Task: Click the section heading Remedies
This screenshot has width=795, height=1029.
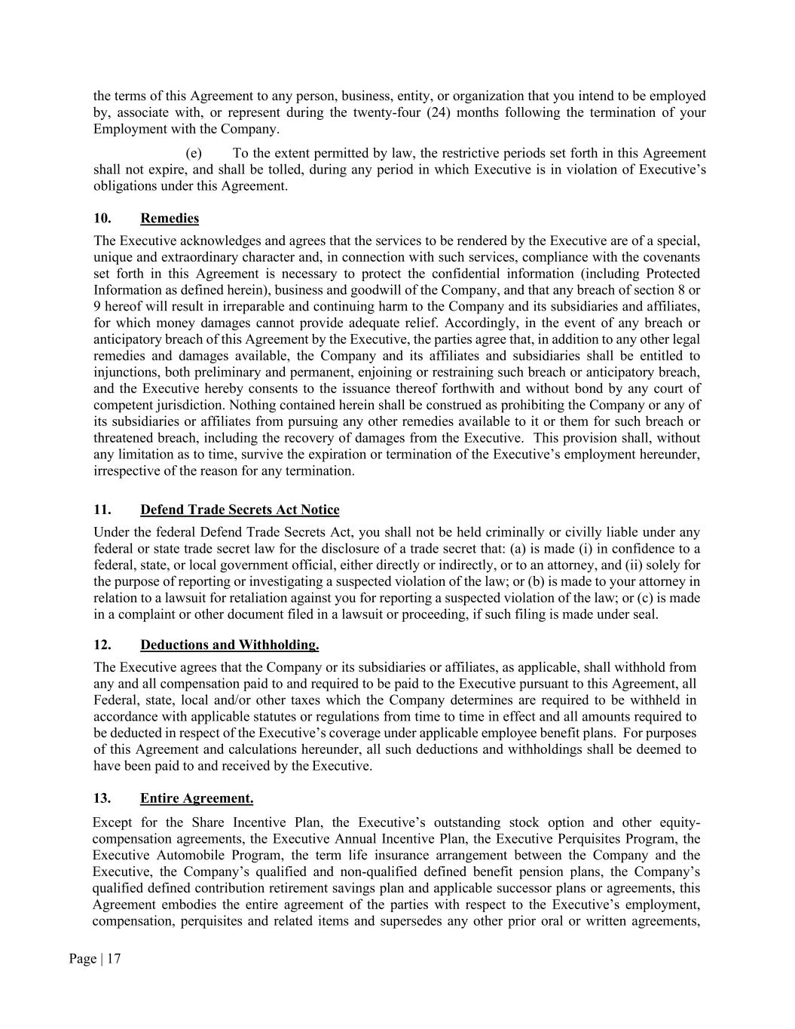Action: pos(170,219)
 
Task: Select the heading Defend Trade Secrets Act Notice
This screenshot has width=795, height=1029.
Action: pos(240,510)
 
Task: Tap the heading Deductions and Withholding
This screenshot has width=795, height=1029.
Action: pos(229,645)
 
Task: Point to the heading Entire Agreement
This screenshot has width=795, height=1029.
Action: pos(197,798)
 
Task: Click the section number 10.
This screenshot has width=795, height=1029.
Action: pos(102,219)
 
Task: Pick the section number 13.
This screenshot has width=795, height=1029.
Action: pos(102,798)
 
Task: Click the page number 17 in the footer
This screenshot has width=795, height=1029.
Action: pos(113,959)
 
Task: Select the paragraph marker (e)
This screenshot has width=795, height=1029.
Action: pos(194,153)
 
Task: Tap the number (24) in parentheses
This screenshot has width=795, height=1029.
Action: pos(432,113)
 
